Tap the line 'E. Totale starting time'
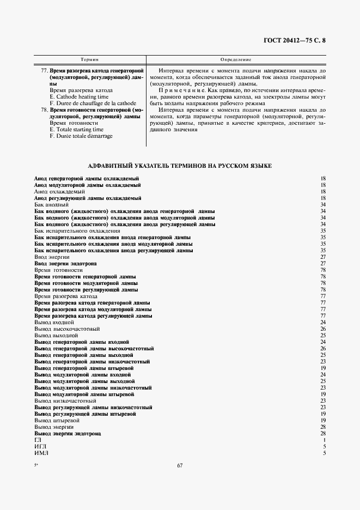coord(76,130)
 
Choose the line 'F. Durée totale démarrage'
coord(81,136)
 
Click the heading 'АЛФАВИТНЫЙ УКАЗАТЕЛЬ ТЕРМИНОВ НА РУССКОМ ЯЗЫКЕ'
coord(180,165)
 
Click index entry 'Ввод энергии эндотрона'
coord(65,263)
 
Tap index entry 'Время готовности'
coord(58,270)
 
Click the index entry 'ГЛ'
coord(38,440)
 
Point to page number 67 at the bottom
coord(180,465)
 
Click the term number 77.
coord(45,71)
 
